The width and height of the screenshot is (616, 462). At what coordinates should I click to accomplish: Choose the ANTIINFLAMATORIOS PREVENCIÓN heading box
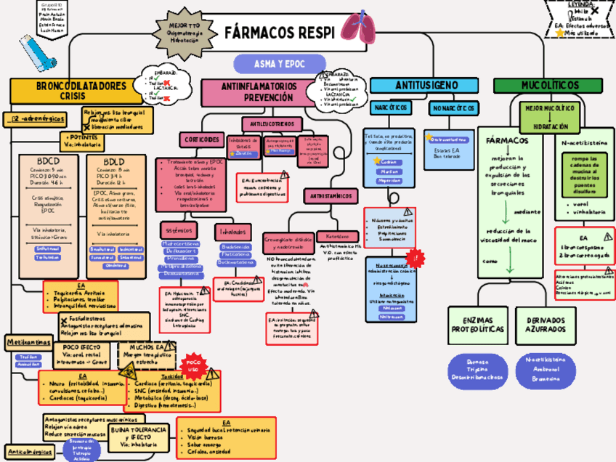pyautogui.click(x=259, y=91)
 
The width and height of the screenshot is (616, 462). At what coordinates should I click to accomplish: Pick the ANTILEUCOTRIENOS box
pyautogui.click(x=272, y=124)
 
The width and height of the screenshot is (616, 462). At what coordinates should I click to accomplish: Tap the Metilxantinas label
pyautogui.click(x=25, y=341)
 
